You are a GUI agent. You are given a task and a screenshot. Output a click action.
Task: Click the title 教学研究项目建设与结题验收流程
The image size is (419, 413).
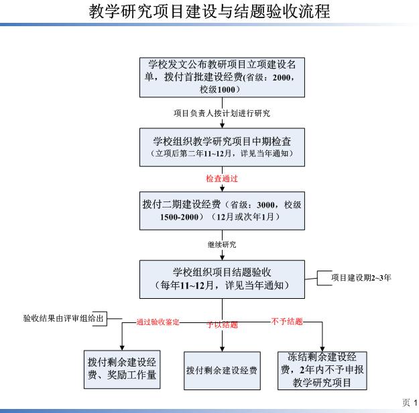click(209, 11)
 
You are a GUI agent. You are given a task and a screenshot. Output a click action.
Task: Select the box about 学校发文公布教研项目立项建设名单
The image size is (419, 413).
click(222, 77)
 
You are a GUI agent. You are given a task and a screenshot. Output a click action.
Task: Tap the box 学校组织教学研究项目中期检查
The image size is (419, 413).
click(222, 147)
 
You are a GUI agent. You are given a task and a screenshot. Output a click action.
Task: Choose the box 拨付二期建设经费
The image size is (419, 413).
click(222, 211)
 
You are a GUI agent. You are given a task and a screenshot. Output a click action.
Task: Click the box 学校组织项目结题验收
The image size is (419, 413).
click(222, 279)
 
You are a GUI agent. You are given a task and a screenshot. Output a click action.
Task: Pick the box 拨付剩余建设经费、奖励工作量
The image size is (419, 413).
click(122, 369)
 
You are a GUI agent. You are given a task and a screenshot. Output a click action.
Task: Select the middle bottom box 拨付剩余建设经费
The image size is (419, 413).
click(222, 371)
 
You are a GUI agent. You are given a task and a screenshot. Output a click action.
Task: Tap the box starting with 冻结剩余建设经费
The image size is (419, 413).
click(322, 371)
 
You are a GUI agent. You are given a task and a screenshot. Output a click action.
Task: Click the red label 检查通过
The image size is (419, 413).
click(222, 179)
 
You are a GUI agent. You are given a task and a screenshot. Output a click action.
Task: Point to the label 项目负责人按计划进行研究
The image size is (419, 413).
click(222, 113)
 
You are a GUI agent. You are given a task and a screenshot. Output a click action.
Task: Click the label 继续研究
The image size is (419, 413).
click(222, 244)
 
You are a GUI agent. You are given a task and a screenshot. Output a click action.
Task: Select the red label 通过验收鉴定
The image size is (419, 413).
click(158, 322)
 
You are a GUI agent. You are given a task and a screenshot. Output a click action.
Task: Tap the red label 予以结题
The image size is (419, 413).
click(222, 324)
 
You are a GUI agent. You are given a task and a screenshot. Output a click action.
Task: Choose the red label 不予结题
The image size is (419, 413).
click(287, 321)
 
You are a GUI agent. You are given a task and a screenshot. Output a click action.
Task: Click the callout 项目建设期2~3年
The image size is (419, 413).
click(361, 277)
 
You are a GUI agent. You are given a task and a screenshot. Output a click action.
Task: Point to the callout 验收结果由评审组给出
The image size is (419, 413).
click(63, 318)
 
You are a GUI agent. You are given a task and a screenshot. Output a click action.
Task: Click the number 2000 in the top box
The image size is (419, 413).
click(282, 78)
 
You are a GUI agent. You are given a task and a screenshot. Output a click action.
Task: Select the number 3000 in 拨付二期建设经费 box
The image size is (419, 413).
click(265, 205)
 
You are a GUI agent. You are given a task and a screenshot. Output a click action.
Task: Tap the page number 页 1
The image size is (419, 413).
click(410, 402)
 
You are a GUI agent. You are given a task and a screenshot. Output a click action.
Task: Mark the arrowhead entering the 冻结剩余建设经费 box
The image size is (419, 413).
click(322, 349)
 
